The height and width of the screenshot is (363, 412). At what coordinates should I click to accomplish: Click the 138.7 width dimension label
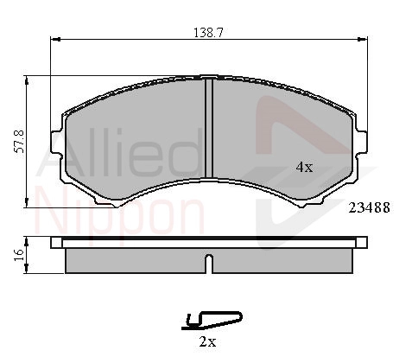(208, 33)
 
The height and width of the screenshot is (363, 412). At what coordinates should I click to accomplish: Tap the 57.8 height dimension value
(20, 142)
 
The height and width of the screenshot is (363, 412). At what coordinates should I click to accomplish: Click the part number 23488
(369, 207)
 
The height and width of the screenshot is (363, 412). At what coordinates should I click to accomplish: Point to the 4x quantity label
(304, 167)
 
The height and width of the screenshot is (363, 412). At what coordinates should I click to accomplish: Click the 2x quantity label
(207, 342)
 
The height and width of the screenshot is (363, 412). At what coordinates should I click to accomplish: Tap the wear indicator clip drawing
(212, 321)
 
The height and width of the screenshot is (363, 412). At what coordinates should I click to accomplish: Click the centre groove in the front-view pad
(209, 128)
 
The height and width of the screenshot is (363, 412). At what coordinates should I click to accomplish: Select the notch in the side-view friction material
(209, 264)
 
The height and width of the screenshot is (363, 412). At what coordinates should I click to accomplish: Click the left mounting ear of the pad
(57, 142)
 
